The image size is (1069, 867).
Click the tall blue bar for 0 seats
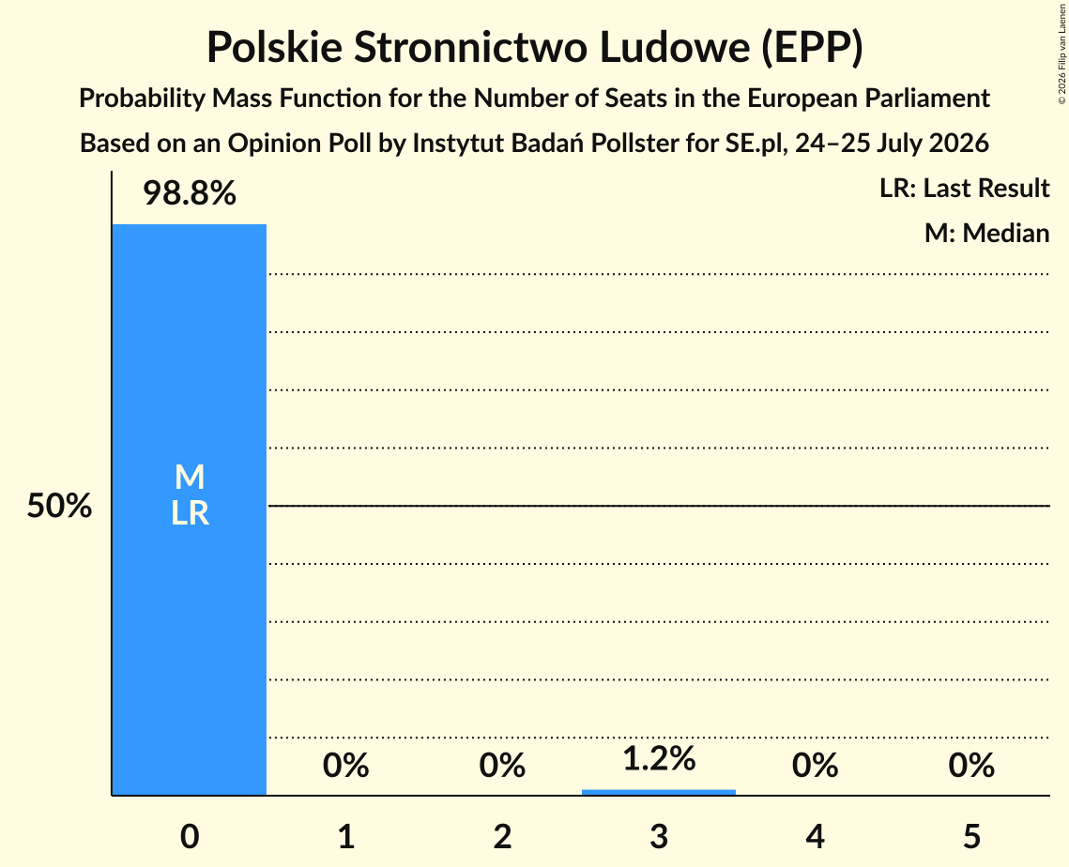point(190,510)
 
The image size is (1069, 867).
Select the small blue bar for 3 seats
point(659,792)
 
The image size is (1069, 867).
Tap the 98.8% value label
point(190,193)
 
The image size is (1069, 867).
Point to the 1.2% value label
point(659,758)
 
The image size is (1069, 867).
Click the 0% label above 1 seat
point(345,766)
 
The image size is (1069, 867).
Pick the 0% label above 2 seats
point(502,766)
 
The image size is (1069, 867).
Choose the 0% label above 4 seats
point(816,766)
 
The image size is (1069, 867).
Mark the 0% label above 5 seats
point(971,766)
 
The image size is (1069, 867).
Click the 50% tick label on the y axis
point(59,507)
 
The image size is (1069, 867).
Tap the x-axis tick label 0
point(190,836)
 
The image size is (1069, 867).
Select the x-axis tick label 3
point(659,836)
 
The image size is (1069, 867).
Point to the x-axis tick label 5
point(971,836)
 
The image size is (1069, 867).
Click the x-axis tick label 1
point(346,836)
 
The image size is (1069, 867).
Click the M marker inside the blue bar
point(190,477)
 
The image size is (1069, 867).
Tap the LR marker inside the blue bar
point(190,513)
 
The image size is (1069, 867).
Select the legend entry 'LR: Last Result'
point(964,188)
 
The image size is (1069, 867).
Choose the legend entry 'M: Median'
point(986,233)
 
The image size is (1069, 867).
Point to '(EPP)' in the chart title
point(812,48)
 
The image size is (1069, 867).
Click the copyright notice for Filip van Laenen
point(1061,53)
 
